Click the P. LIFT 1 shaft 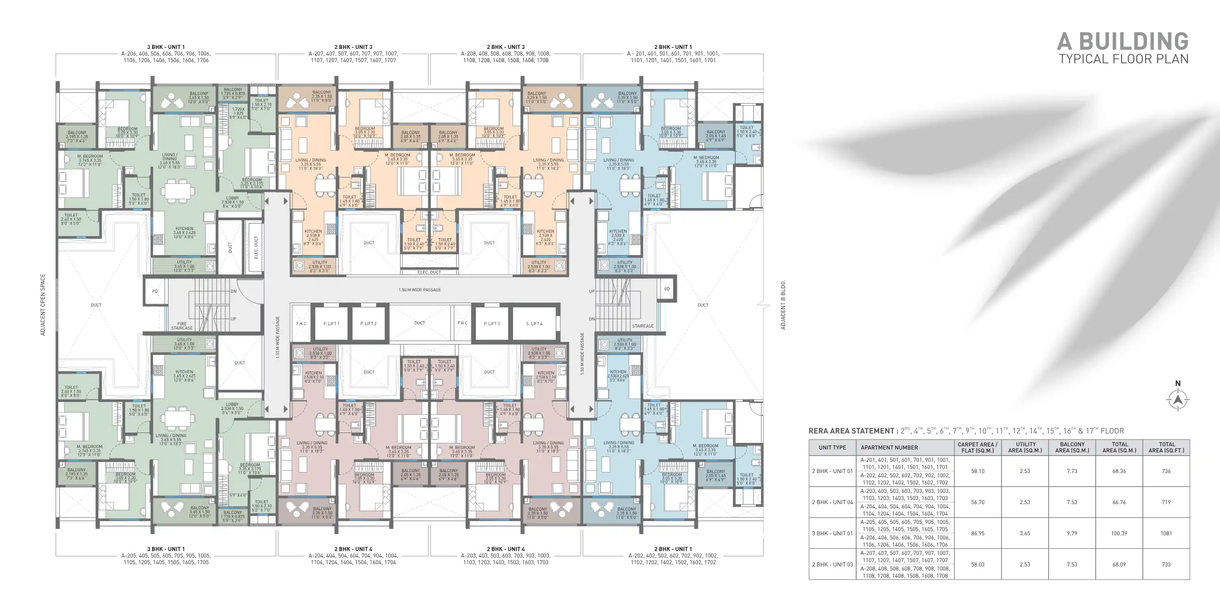tap(331, 323)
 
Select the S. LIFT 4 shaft tap(534, 323)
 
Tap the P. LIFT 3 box tap(491, 323)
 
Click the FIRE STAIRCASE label tap(182, 326)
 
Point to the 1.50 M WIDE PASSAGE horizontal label tap(420, 290)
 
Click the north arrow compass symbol tap(1178, 400)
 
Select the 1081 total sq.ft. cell tap(1166, 533)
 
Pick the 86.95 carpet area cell tap(978, 533)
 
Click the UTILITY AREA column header tap(1025, 447)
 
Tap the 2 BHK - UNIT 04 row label tap(832, 502)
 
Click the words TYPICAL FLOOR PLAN tap(1124, 59)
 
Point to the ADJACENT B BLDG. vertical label tap(783, 305)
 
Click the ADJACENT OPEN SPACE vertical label tap(43, 305)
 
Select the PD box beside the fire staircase tap(155, 291)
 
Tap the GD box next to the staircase tap(667, 289)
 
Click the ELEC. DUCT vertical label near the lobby tap(256, 247)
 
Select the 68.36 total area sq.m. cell tap(1119, 471)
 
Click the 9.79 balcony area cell tap(1072, 533)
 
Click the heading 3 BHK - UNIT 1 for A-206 tap(166, 47)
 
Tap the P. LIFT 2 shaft tap(369, 323)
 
